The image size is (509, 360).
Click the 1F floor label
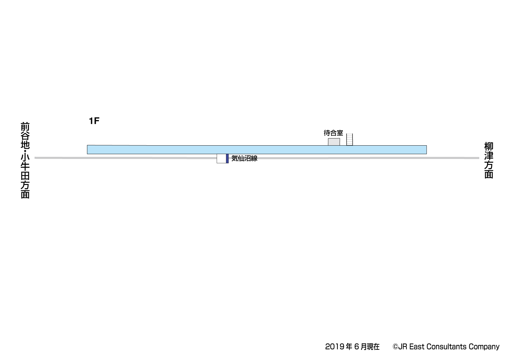(94, 121)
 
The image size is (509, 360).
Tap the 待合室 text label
(333, 133)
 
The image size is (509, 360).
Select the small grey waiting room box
(334, 142)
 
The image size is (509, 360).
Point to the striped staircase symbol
(349, 139)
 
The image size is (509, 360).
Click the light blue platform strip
(257, 149)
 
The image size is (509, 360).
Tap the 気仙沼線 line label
(244, 159)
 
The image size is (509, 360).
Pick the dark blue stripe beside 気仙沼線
(227, 159)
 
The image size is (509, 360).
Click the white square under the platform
(221, 159)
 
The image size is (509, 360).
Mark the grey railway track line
(257, 158)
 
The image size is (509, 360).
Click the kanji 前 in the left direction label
(25, 127)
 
